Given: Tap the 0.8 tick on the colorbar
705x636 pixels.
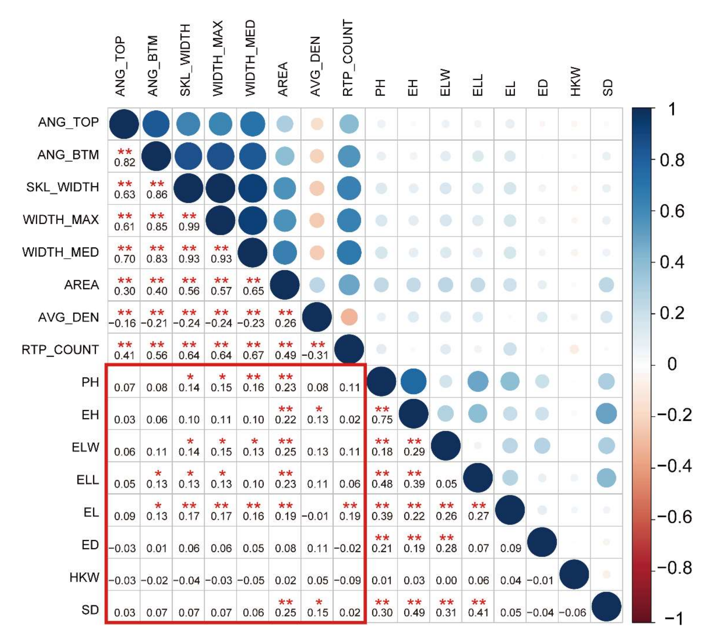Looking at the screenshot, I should coord(671,160).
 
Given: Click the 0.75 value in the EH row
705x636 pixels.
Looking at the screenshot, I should coord(382,419).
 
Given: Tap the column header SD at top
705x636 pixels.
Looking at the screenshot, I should coord(608,87).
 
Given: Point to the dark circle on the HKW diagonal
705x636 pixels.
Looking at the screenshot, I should coord(574,574).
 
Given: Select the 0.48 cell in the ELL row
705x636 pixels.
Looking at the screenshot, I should coord(382,484).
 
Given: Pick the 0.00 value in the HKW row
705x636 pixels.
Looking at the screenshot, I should coord(446,580).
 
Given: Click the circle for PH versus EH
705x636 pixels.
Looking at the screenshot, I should coord(413,381).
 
